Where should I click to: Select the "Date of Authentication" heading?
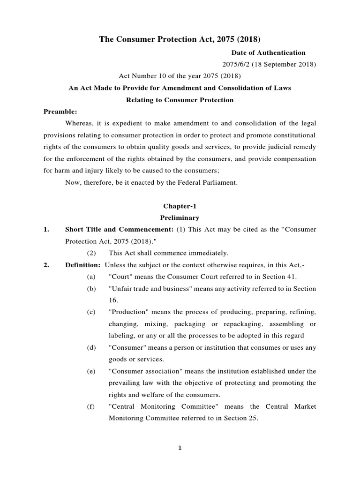[268, 52]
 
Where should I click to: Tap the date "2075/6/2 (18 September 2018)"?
[269, 64]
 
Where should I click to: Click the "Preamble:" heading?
[60, 112]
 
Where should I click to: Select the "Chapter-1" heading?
[180, 206]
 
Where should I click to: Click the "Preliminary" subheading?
[180, 217]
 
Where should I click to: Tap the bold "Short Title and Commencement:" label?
[120, 229]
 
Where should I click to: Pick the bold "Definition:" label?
[82, 265]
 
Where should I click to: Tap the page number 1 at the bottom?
[180, 448]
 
